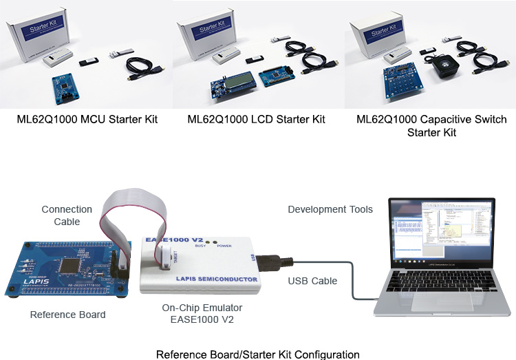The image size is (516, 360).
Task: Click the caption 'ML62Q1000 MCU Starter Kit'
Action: [87, 119]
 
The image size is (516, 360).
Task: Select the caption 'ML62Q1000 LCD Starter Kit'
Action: [257, 119]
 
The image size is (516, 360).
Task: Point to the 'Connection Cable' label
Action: [67, 215]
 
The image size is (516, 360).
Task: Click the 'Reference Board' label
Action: [68, 315]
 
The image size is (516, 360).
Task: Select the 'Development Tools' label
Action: [330, 209]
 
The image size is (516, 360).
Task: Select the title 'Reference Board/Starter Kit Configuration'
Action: [257, 354]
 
